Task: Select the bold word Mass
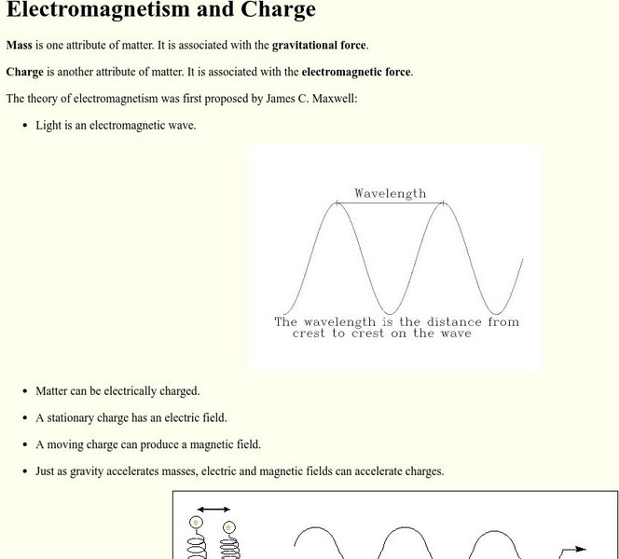[20, 45]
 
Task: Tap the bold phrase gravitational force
[320, 45]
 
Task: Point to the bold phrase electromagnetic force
[356, 72]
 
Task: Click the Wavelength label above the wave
[390, 193]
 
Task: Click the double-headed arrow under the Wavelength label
[390, 203]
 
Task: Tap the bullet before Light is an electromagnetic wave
[24, 125]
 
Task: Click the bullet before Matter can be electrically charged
[24, 391]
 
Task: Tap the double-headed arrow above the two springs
[213, 510]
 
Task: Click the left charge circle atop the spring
[196, 522]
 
